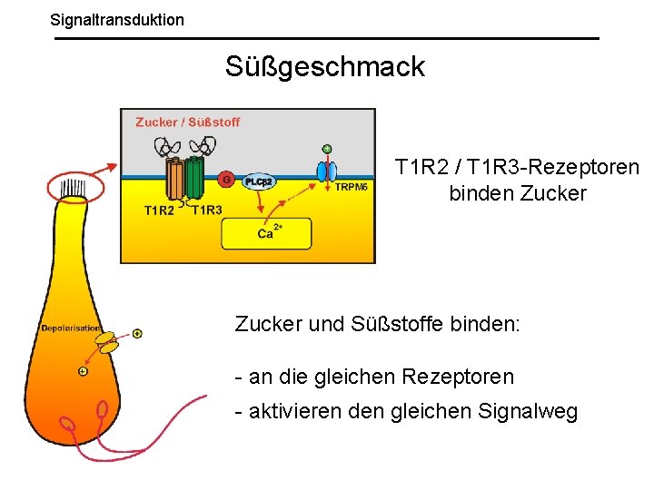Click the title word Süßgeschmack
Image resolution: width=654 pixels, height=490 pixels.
point(325,66)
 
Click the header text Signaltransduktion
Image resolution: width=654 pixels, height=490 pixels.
point(117,19)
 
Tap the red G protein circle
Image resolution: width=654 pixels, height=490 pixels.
point(225,180)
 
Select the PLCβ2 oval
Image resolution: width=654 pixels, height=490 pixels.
point(259,181)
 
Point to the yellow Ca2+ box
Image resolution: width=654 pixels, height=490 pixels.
point(266,233)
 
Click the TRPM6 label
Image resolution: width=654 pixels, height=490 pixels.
point(352,187)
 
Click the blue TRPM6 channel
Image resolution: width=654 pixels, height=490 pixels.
point(326,171)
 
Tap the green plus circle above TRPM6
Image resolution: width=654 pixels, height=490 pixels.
point(327,148)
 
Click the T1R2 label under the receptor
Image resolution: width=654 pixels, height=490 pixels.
point(160,211)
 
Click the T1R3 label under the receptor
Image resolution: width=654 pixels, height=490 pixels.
point(207,211)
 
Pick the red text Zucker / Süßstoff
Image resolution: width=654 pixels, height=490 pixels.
point(187,122)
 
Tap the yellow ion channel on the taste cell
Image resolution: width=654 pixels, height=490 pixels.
point(109,343)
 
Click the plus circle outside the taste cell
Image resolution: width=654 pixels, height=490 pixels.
point(137,334)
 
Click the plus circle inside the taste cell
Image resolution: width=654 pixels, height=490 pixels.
point(83,371)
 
